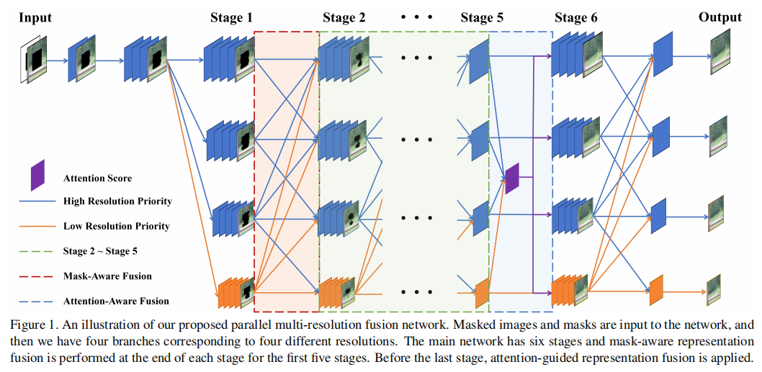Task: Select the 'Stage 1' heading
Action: [x=231, y=18]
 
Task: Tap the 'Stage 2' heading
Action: [x=344, y=18]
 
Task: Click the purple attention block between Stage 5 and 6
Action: [x=512, y=178]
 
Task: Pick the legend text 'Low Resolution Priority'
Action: [x=116, y=226]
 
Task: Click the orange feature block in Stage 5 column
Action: [x=482, y=293]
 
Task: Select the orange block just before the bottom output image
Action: [x=655, y=290]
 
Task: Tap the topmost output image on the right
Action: [x=720, y=55]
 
